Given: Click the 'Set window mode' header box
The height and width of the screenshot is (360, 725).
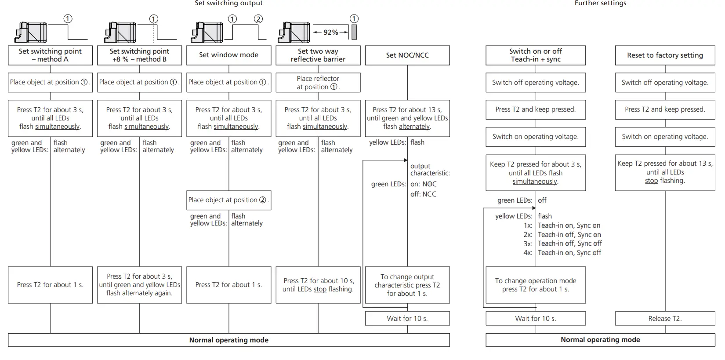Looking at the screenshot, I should point(228,55).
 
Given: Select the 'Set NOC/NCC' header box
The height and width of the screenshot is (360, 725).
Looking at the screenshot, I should point(407,55).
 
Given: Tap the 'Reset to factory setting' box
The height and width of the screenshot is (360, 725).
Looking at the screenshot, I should point(665,55).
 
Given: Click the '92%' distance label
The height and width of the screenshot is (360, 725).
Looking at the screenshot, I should point(330,32).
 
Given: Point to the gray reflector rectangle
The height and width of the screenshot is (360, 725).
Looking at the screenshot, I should point(354,32).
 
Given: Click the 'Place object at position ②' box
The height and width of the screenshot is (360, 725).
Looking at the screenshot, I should point(228,200).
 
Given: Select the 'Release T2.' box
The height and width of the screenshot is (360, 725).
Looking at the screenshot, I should point(665,318).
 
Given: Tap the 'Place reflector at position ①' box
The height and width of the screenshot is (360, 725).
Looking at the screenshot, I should point(318,82).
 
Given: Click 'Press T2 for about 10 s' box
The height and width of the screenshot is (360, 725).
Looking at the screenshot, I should point(318,285).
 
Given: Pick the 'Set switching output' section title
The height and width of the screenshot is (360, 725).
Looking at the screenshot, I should point(228,4).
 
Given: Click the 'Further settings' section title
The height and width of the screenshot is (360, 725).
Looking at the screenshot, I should point(600,4).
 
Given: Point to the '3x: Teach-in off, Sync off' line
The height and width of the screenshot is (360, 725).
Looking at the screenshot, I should point(562,244).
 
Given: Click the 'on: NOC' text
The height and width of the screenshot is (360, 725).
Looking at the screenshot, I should point(424,184).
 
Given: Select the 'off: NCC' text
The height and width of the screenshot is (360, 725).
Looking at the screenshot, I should point(424,194).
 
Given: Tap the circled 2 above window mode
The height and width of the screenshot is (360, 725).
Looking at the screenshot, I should point(258,19).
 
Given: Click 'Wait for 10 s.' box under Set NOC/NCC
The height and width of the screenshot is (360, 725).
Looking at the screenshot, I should point(407,318).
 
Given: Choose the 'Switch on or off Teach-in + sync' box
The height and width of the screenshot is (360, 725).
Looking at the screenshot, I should point(536,55).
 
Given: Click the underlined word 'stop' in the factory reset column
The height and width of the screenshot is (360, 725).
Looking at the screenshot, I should point(651,181).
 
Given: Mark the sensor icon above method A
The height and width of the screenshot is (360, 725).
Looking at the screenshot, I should point(31,33).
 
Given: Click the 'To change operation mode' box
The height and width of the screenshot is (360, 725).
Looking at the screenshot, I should point(536,285).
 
